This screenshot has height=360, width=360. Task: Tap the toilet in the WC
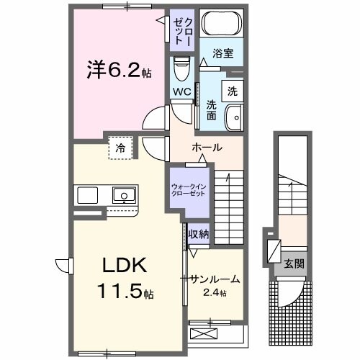click(x=180, y=69)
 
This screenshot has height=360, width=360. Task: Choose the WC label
click(x=181, y=91)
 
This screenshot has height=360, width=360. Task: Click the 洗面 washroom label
click(x=212, y=108)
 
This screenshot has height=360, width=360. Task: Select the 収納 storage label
click(x=198, y=233)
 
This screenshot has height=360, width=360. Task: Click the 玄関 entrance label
click(x=294, y=264)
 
